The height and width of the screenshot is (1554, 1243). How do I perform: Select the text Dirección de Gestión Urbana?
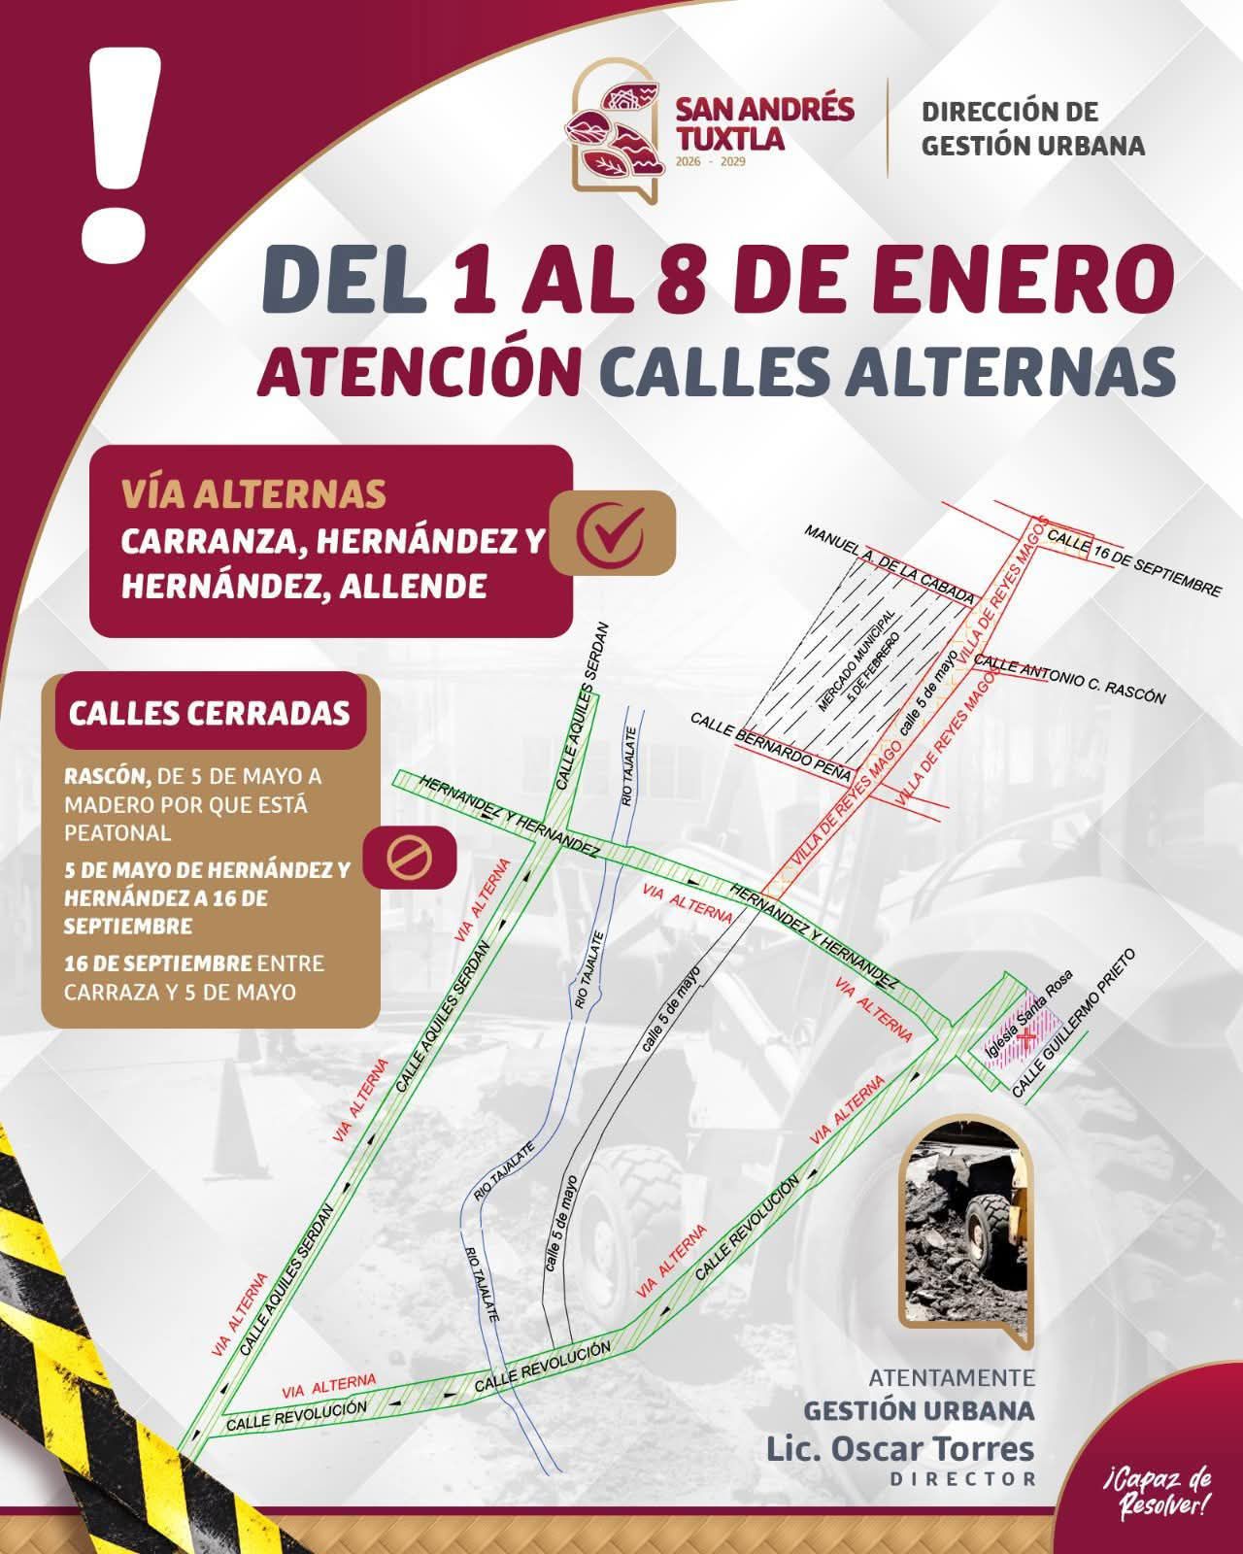(x=1032, y=128)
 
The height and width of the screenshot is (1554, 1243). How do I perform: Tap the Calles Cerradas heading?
(x=208, y=713)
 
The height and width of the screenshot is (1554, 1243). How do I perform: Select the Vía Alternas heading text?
(x=252, y=494)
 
